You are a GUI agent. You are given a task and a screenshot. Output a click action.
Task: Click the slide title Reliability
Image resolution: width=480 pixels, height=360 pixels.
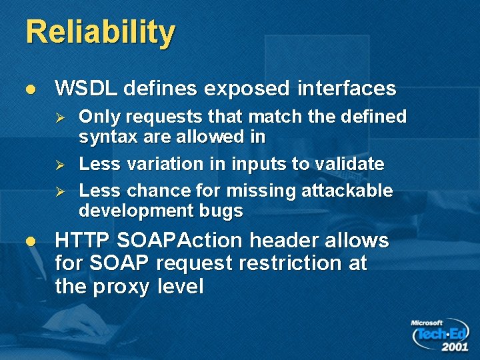tap(100, 33)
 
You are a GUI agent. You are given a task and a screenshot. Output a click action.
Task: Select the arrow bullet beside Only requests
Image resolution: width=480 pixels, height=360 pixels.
tap(59, 118)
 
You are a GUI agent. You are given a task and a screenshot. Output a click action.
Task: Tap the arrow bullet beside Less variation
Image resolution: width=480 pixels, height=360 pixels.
tap(59, 165)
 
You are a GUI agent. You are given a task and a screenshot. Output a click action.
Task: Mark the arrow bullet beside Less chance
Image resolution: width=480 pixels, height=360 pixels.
tap(59, 191)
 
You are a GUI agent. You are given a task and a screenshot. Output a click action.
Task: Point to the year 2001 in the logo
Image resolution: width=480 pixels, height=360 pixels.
tap(454, 347)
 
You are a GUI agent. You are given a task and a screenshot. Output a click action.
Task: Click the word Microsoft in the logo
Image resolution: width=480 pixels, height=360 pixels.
tap(427, 323)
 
